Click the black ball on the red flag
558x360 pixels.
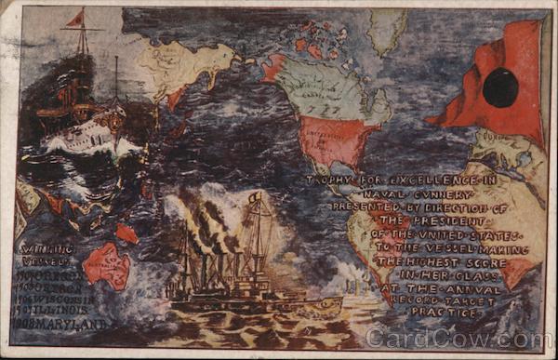pos(500,88)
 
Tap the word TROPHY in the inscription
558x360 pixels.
pos(328,180)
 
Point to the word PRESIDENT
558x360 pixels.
pos(412,221)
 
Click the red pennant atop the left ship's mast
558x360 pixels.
pos(74,19)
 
